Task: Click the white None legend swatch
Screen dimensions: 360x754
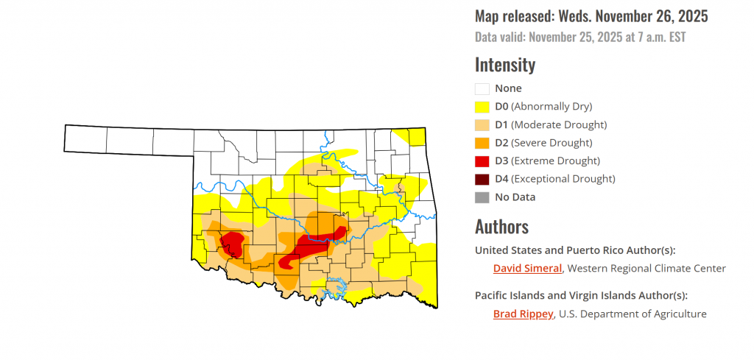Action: [482, 88]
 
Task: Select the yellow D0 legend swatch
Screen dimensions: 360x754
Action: [482, 107]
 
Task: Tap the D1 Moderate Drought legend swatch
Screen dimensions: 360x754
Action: [482, 124]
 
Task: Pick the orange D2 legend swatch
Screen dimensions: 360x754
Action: [482, 143]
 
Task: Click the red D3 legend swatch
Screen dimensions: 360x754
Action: [482, 160]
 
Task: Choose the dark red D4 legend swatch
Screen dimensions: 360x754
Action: [482, 179]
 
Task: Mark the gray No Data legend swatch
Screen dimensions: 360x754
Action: [482, 197]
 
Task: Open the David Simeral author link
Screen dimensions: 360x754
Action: [527, 268]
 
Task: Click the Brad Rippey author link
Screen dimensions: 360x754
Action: [522, 314]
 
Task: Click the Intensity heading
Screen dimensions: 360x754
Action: [505, 65]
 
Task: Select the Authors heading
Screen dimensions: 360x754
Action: [501, 226]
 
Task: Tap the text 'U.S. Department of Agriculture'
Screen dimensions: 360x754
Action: [633, 314]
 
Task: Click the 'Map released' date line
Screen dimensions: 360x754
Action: [591, 16]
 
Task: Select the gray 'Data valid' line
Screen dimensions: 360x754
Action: [579, 35]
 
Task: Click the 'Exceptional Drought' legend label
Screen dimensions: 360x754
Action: [563, 179]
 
